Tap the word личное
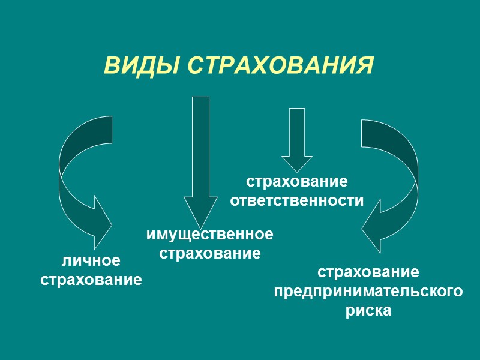[91, 261]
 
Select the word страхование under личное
[91, 280]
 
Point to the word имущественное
[209, 234]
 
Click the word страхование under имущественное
[209, 253]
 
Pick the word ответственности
[297, 200]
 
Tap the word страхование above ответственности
[297, 181]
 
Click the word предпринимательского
[368, 292]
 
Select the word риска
[368, 311]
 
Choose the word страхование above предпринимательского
[368, 272]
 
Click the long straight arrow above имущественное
[200, 150]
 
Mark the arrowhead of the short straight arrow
[297, 163]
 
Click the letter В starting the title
[110, 65]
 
